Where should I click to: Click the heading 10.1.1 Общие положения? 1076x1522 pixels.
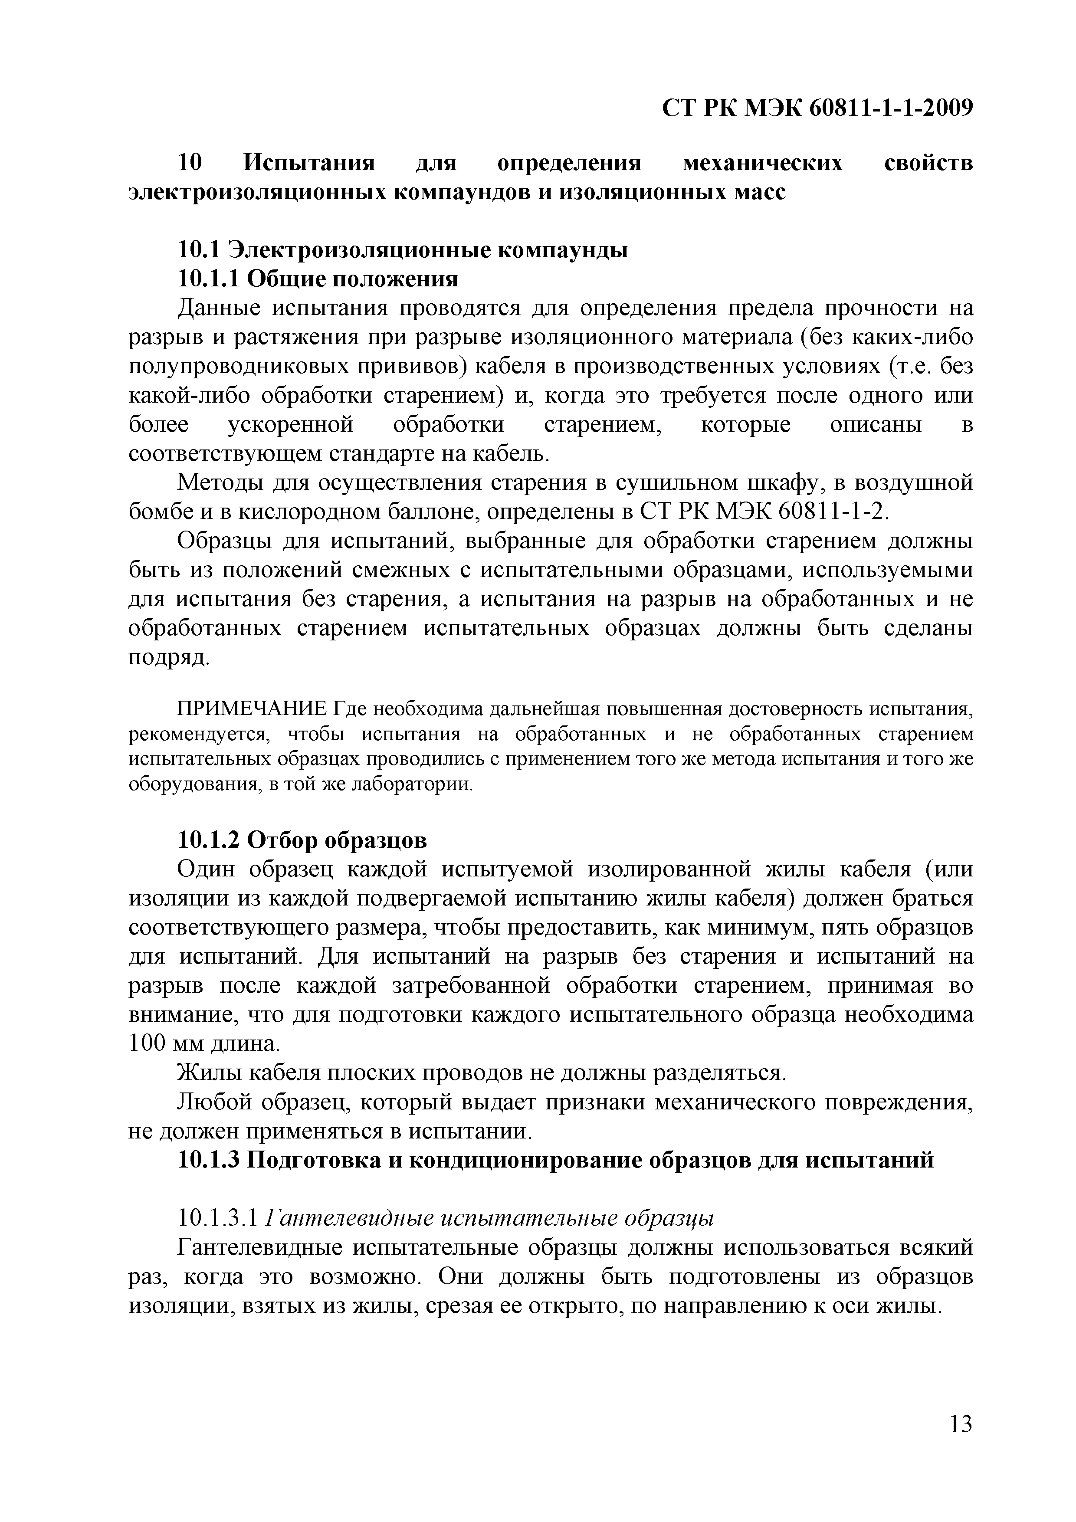click(318, 279)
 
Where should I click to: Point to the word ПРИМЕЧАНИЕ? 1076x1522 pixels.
click(251, 709)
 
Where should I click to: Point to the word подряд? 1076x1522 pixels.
click(168, 657)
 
